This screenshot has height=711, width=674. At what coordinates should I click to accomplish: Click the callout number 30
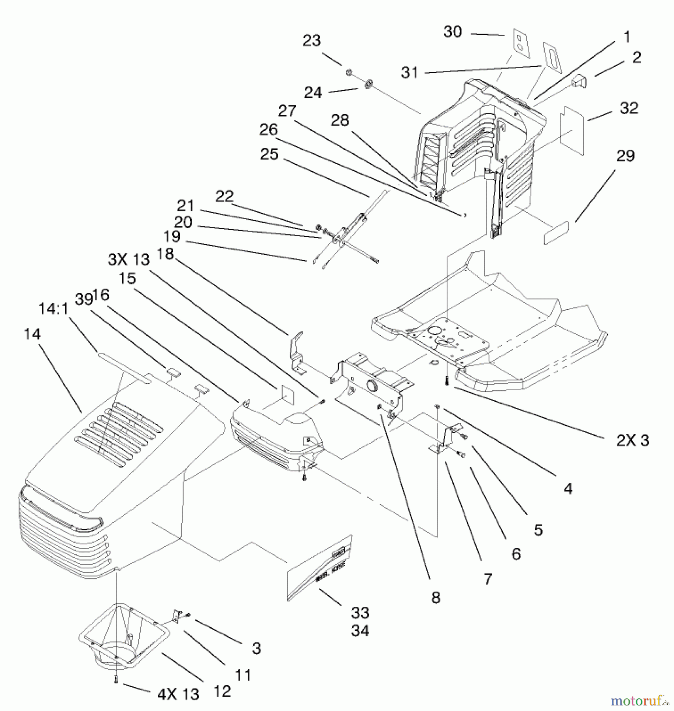[x=452, y=32]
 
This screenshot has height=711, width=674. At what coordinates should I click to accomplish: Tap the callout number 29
[x=625, y=156]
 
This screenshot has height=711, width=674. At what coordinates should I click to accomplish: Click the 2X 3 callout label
[x=632, y=440]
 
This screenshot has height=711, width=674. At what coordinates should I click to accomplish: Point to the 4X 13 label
[x=178, y=694]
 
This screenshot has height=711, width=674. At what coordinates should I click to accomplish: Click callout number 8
[x=436, y=598]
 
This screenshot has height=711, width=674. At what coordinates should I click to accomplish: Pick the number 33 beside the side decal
[x=360, y=613]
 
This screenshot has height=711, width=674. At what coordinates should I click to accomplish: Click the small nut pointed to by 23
[x=349, y=72]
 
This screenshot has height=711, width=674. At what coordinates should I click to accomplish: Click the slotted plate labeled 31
[x=552, y=58]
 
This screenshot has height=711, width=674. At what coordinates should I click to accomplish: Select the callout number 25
[x=269, y=154]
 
